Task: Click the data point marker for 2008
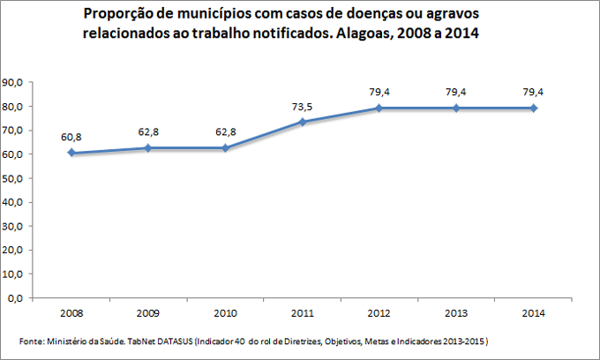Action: point(71,153)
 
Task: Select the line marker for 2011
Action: point(303,122)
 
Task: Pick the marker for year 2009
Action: point(148,147)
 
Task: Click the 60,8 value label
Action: point(71,137)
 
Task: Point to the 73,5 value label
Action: point(303,106)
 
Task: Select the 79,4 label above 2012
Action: point(379,92)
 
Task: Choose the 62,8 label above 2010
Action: point(225,131)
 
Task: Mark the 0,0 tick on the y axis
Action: point(16,298)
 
